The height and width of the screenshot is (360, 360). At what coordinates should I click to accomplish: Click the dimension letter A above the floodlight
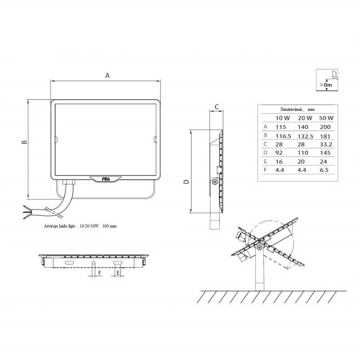click(x=107, y=75)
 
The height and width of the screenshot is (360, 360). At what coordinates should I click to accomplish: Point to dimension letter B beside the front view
click(x=25, y=142)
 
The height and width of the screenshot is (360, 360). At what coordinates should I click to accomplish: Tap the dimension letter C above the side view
click(x=216, y=107)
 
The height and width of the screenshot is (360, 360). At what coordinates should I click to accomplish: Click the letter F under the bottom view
click(x=100, y=273)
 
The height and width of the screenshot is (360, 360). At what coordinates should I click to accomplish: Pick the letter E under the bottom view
click(x=118, y=273)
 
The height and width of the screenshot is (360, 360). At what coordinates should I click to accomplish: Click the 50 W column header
click(x=326, y=118)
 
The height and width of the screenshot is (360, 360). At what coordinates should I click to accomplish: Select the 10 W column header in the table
click(x=283, y=118)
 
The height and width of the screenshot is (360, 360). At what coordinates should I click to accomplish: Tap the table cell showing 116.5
click(x=283, y=136)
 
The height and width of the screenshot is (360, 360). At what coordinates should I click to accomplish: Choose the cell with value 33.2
click(x=326, y=145)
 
